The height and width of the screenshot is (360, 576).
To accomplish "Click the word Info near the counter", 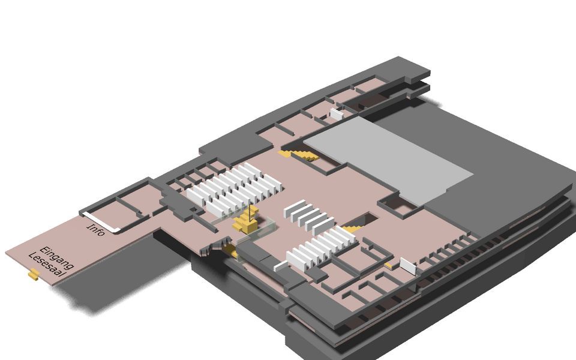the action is pos(95,230).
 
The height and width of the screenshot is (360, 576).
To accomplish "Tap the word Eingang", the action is pos(57,257).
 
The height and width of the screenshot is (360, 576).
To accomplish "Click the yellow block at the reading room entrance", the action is pos(34,274).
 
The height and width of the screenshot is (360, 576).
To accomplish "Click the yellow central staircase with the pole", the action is pos(245,221).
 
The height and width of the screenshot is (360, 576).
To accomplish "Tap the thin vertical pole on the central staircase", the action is pos(250,214).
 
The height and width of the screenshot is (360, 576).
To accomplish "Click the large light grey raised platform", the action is pos(388,160).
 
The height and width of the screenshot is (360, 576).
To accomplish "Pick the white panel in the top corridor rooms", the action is pos(337,114).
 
